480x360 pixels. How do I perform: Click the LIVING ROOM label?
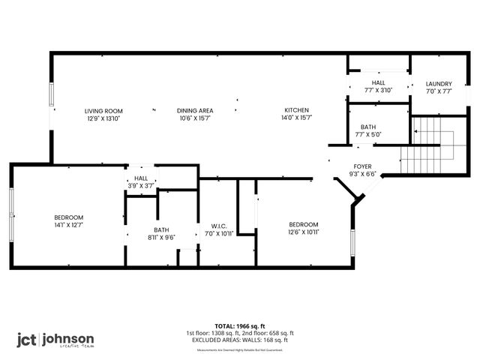tap(103, 110)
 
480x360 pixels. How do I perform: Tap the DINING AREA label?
tap(195, 110)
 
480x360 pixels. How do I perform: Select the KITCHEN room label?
tap(295, 110)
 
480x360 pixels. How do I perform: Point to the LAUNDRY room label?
tap(438, 84)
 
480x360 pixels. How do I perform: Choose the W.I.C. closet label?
tap(220, 226)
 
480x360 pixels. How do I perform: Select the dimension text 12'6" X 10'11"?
tap(304, 232)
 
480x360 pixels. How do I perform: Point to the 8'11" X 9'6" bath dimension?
tap(162, 237)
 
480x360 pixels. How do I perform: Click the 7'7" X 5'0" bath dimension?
tap(367, 135)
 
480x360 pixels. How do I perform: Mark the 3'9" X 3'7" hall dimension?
tap(141, 186)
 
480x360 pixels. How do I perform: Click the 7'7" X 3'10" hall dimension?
tap(378, 90)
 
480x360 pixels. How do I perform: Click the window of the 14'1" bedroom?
tap(11, 214)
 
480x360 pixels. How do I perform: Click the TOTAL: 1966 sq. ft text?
tap(240, 326)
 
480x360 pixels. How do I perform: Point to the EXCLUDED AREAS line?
tap(240, 340)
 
